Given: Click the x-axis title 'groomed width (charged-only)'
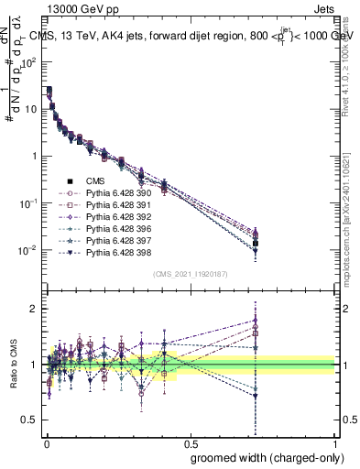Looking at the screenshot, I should click(263, 456).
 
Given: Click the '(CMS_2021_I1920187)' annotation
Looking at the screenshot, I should click(190, 273).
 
